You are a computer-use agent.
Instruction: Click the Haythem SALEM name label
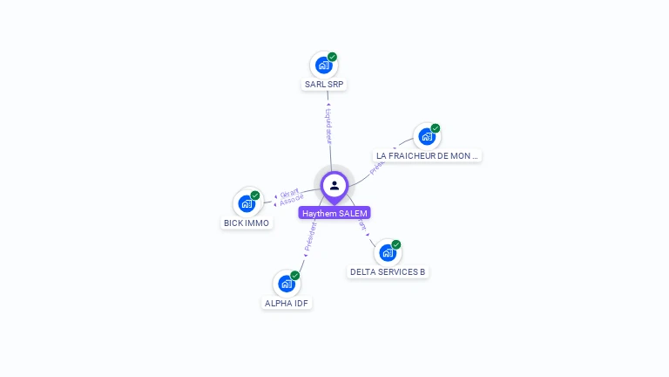(334, 213)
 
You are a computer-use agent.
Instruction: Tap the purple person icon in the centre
(334, 185)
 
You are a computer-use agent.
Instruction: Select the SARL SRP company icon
(323, 65)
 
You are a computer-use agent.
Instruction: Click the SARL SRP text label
(323, 85)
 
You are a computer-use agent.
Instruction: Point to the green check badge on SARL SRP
(332, 57)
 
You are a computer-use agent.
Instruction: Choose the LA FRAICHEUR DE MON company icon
(426, 136)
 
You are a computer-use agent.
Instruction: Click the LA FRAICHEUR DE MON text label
(427, 156)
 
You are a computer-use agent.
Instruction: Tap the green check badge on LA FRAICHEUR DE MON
(435, 128)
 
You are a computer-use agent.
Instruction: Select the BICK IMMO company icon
(247, 204)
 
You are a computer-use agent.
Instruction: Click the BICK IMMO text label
(247, 223)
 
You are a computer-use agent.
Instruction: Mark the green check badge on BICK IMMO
(255, 195)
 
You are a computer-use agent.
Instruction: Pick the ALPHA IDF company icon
(286, 284)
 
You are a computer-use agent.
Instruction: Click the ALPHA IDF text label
(287, 304)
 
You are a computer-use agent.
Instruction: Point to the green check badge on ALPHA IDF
(294, 276)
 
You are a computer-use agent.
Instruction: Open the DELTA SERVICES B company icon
(388, 252)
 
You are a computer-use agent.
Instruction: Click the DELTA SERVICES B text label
(388, 272)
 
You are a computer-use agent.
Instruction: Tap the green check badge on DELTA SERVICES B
(396, 244)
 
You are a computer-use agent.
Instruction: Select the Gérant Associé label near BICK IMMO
(291, 197)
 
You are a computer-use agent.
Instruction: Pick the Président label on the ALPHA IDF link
(309, 236)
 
